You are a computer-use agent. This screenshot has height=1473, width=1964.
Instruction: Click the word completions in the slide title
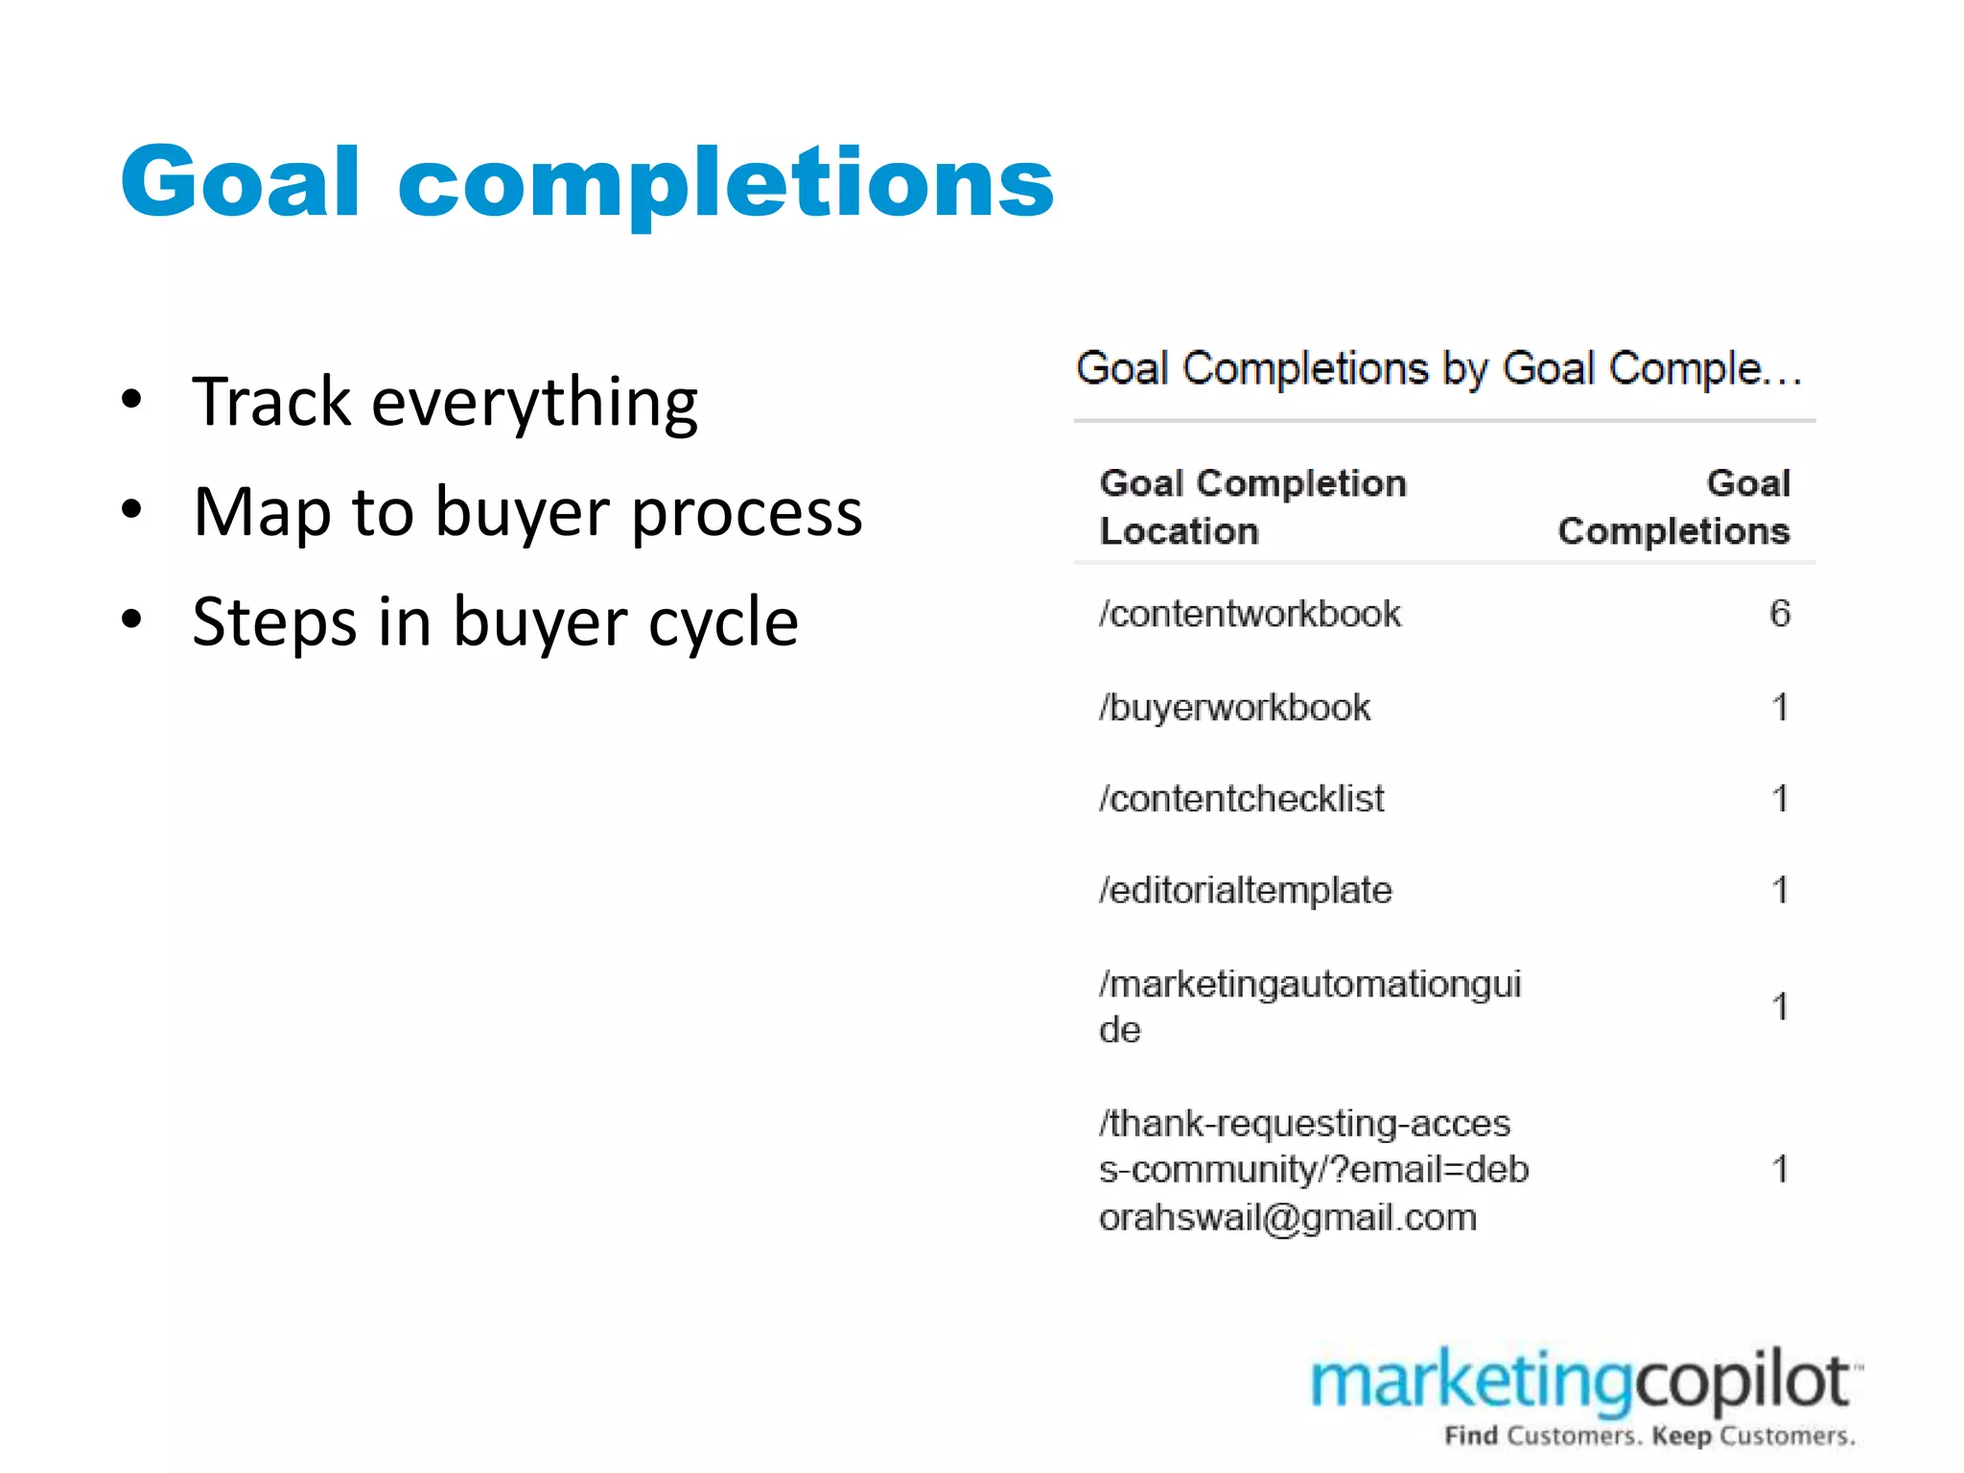point(726,182)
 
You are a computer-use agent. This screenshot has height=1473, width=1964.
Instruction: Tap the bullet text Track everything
point(445,402)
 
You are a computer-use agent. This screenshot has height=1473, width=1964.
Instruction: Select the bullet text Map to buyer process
point(527,512)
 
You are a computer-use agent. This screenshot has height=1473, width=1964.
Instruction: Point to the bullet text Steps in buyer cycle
point(495,622)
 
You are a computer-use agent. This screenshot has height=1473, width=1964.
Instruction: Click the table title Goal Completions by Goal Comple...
point(1438,369)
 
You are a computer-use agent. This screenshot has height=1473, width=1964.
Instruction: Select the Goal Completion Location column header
point(1252,506)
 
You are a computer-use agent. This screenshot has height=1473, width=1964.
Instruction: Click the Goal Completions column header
point(1673,506)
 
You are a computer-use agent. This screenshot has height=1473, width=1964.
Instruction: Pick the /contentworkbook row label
point(1250,614)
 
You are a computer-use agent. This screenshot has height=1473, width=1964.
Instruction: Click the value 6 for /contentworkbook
point(1779,614)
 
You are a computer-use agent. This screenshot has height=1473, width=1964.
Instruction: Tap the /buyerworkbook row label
point(1235,708)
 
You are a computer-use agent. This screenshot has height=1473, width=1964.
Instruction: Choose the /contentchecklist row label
point(1242,799)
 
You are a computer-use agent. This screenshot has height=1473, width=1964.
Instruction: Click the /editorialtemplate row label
point(1246,891)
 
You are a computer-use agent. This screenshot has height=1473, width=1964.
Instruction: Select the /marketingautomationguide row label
point(1310,1006)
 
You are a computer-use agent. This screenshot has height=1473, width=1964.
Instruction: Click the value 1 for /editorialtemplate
point(1780,891)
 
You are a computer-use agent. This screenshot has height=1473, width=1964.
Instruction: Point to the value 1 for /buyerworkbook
point(1780,708)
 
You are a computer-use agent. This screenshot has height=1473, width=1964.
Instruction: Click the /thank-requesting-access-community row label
point(1314,1170)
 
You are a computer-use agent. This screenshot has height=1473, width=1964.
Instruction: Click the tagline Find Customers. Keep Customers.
point(1649,1437)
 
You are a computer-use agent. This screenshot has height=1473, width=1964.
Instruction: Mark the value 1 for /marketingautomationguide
point(1780,1007)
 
